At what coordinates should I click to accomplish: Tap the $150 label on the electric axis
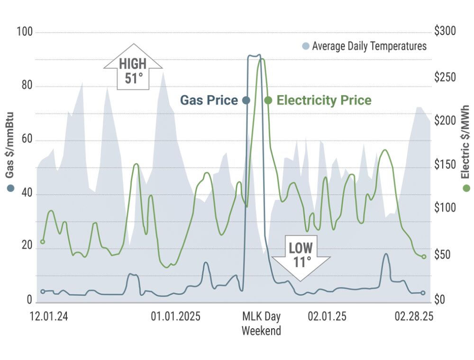(444, 165)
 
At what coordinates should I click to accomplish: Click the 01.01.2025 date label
(176, 316)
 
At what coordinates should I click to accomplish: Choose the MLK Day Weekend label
(261, 323)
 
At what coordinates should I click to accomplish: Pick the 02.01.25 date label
(327, 316)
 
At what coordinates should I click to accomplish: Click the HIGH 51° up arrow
(133, 67)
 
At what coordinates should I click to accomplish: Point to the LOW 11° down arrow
(301, 256)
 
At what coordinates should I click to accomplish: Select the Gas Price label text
(209, 100)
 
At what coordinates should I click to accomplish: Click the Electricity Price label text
(324, 100)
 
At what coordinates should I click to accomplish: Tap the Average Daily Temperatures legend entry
(364, 46)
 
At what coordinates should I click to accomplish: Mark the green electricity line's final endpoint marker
(424, 257)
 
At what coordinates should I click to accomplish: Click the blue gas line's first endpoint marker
(43, 291)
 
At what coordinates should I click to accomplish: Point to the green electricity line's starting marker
(43, 242)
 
